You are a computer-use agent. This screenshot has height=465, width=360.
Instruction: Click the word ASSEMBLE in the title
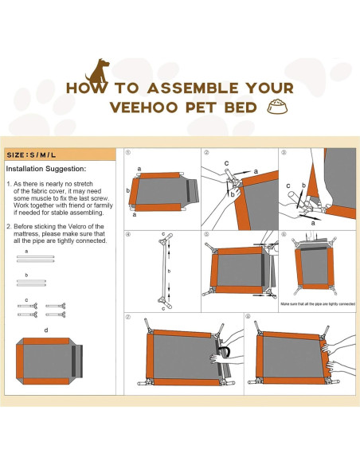(164, 88)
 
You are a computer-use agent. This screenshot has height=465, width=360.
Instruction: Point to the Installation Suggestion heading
(45, 170)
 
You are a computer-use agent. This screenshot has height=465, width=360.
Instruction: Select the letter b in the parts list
(25, 275)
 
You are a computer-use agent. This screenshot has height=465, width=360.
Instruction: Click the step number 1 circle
(128, 153)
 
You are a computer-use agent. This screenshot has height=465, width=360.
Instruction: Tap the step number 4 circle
(128, 235)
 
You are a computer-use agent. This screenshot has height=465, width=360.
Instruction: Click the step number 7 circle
(128, 317)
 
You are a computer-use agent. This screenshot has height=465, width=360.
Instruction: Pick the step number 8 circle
(247, 317)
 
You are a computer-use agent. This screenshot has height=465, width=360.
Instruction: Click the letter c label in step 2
(226, 163)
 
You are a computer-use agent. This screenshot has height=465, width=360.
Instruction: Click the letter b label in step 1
(130, 190)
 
